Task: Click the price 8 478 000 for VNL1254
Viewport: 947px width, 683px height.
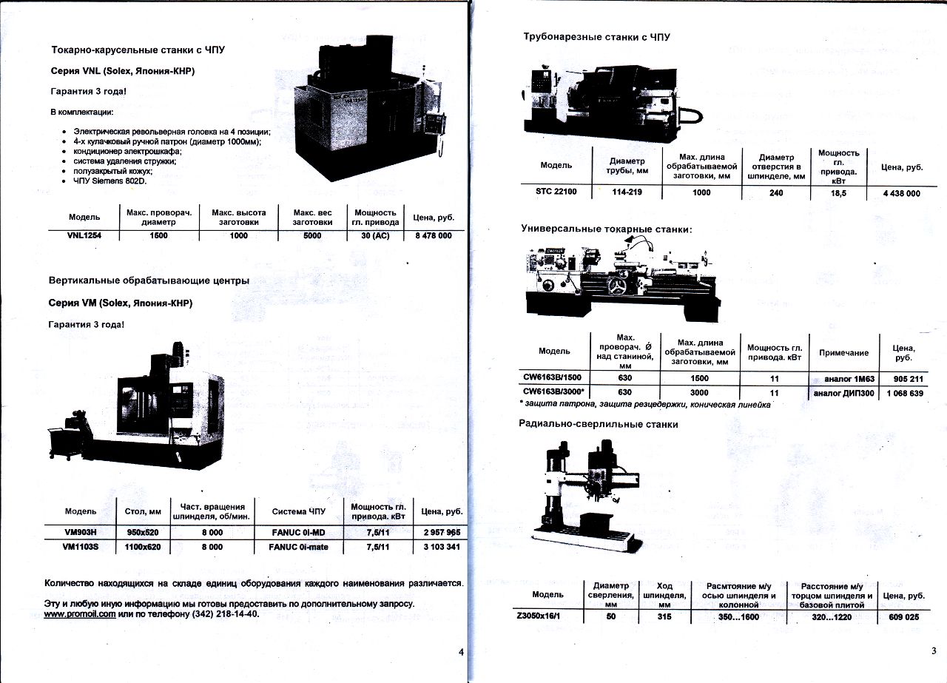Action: (x=434, y=235)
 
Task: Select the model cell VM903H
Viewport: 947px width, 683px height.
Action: (x=81, y=532)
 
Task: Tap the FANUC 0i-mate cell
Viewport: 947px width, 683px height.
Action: (x=298, y=547)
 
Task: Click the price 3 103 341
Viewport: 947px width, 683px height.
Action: (x=442, y=547)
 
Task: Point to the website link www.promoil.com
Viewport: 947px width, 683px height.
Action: (x=80, y=614)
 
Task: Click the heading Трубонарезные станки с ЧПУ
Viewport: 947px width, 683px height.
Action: (x=596, y=37)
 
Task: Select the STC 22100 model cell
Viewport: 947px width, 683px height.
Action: (x=556, y=192)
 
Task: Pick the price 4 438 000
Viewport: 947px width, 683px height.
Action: (x=901, y=194)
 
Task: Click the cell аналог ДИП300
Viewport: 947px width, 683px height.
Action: (x=844, y=394)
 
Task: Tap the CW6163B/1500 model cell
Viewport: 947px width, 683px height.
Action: (x=552, y=377)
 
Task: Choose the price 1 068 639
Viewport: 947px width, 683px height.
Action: (x=905, y=394)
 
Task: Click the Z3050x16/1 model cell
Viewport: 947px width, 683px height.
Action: (x=538, y=616)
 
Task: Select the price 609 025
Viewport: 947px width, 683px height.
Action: (x=904, y=617)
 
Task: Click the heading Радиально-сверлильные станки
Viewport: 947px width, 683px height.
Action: (x=599, y=425)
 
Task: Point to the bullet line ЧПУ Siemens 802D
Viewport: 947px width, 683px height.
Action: (x=110, y=181)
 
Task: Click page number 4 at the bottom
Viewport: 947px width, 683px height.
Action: (x=461, y=652)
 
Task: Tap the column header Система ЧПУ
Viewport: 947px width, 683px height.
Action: (x=298, y=511)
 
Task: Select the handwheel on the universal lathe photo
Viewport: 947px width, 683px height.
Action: (x=620, y=286)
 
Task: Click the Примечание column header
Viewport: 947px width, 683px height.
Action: (x=844, y=353)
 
